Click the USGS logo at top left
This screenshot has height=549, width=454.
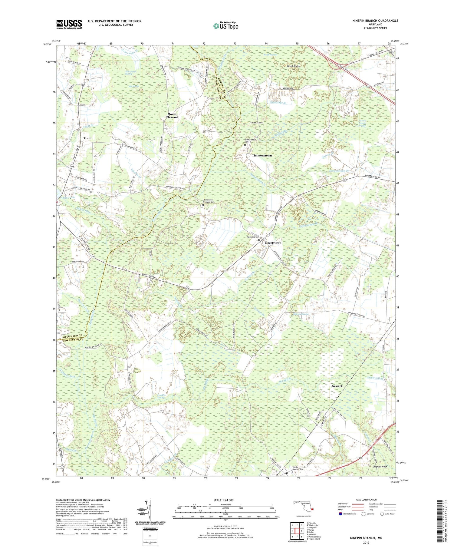[x=69, y=24]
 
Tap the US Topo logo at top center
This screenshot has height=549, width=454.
[x=225, y=26]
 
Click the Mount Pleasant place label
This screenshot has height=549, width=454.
[x=172, y=116]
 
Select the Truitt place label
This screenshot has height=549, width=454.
[x=87, y=138]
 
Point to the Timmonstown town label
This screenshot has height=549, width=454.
[x=262, y=155]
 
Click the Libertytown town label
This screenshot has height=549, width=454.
[x=273, y=243]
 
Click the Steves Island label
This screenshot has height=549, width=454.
[x=256, y=123]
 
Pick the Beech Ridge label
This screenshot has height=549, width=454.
[x=293, y=66]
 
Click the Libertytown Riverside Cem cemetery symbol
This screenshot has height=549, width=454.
[x=203, y=205]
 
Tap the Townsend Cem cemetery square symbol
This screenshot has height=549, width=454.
[x=259, y=240]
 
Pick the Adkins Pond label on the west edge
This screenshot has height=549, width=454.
[x=68, y=198]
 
